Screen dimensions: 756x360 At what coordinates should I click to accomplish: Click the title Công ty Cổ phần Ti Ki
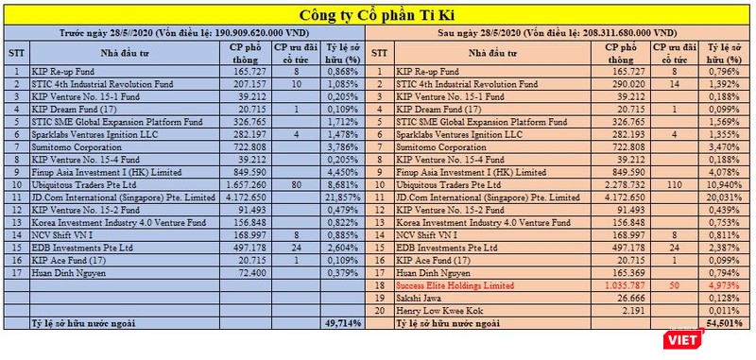(377, 15)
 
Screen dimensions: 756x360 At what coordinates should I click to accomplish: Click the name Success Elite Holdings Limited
(446, 284)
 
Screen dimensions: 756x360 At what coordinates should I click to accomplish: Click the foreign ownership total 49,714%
(341, 323)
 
